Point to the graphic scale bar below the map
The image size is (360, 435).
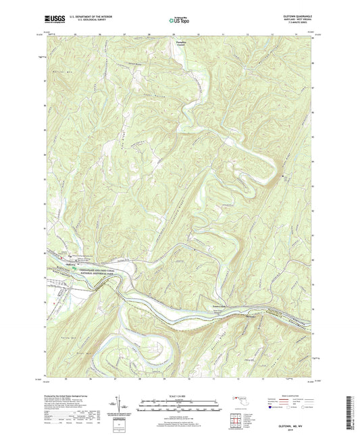(x=180, y=403)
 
